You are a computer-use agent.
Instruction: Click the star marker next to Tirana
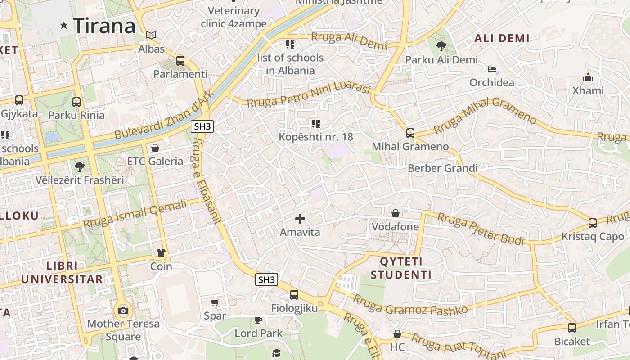pos(64,26)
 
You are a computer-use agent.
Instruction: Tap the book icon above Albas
pos(152,35)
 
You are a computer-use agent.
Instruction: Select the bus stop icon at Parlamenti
pos(180,60)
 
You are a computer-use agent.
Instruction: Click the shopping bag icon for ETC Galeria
pos(155,148)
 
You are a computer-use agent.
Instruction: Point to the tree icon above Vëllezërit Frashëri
pos(80,167)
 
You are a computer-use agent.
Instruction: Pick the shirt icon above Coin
pos(161,253)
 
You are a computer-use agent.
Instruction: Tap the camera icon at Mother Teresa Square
pos(123,310)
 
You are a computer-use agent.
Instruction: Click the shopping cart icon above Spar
pos(215,302)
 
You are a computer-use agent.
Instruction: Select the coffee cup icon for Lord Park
pos(258,320)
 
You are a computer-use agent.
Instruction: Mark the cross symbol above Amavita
pos(300,219)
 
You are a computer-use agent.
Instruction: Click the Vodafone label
pos(395,227)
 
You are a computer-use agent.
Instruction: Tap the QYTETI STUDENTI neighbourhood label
pos(401,268)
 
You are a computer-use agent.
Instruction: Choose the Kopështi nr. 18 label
pos(316,137)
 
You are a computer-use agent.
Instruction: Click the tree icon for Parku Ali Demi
pos(441,45)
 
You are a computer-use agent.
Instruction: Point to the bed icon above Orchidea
pos(492,69)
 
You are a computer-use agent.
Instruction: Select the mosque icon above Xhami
pos(588,77)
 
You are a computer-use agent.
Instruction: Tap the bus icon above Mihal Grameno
pos(410,133)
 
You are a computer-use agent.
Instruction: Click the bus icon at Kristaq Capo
pos(593,223)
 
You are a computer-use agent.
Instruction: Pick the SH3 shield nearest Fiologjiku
pos(266,279)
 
